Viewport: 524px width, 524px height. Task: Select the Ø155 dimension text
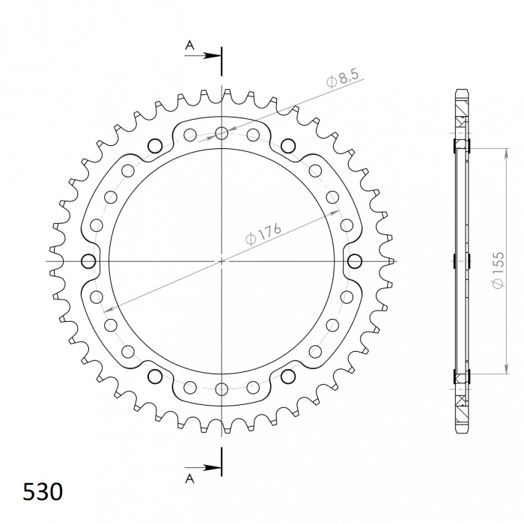(498, 269)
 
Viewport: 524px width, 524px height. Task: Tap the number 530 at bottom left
(43, 492)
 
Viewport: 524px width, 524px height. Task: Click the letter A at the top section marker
(190, 45)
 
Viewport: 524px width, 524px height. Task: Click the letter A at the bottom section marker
(190, 479)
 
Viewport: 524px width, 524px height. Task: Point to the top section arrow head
(213, 55)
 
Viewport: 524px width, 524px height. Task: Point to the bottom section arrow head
(213, 467)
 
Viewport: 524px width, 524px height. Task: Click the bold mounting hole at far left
(88, 261)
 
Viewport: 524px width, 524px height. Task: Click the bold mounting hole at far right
(355, 261)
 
